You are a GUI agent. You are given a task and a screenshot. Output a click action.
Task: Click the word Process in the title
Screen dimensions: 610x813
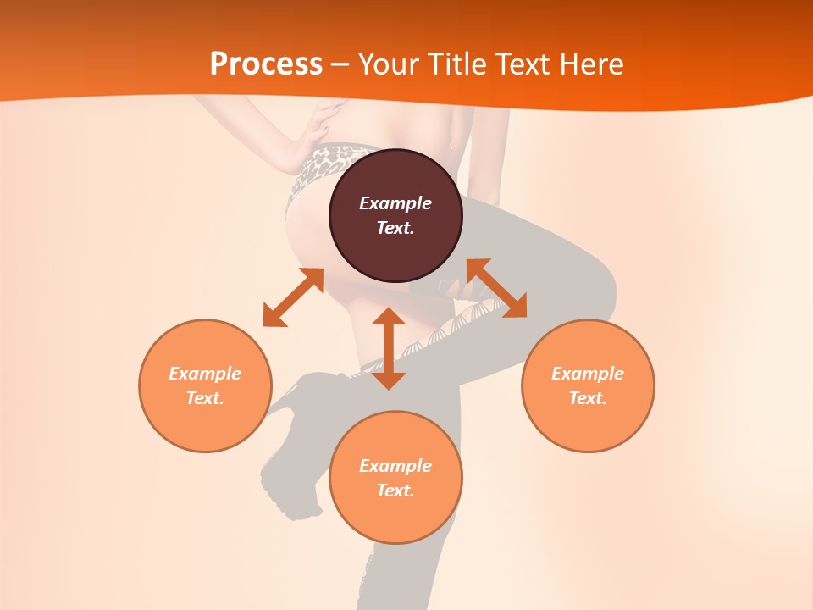coord(266,64)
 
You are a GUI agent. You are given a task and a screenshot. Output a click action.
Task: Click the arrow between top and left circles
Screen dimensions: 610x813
coord(293,297)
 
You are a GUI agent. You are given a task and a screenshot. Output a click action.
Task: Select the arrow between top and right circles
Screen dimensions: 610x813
coord(496,289)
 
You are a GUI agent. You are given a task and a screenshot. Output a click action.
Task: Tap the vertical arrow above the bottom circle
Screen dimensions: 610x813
coord(389,348)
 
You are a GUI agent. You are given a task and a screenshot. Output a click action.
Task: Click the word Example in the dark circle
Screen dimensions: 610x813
coord(395,203)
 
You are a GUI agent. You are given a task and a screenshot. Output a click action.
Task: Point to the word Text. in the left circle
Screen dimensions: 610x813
coord(205,398)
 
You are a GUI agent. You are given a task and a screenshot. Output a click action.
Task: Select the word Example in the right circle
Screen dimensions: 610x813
coord(588,374)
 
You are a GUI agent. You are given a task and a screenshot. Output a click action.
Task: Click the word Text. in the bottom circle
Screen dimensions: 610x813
coord(395,491)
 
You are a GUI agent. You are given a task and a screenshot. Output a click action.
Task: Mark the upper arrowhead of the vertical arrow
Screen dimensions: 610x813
coord(389,319)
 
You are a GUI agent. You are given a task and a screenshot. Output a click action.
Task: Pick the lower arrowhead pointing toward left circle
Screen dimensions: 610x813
coord(274,316)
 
